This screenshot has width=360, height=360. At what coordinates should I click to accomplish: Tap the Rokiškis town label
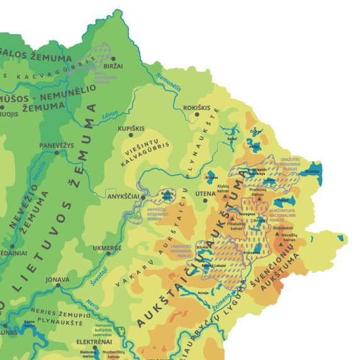(196, 108)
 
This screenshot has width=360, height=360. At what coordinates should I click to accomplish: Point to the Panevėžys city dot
(57, 152)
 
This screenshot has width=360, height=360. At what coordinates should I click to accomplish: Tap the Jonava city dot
(58, 285)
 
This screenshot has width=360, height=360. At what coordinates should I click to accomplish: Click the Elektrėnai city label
(94, 342)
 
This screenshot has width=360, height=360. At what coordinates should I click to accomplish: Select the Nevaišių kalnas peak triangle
(278, 233)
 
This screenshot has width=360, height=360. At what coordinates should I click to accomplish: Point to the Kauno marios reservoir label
(29, 323)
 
